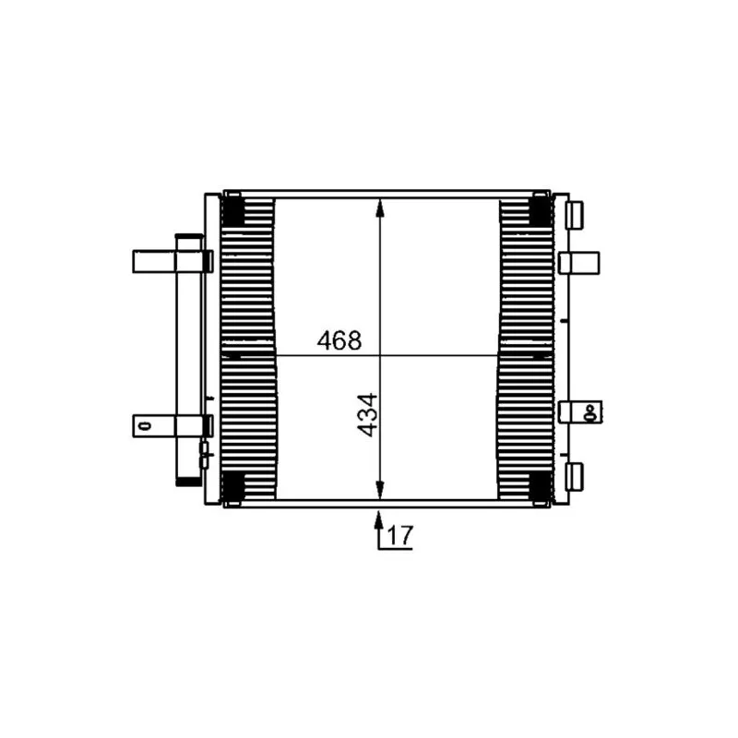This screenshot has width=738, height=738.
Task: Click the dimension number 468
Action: coord(339,340)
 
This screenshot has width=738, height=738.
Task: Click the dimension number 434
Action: coord(366,414)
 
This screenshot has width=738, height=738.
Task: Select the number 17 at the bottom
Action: coord(399,536)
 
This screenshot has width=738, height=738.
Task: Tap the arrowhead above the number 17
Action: coord(379,518)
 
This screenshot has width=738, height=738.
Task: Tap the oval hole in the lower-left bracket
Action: coord(143,425)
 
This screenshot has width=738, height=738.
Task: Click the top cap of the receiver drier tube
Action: coord(189,242)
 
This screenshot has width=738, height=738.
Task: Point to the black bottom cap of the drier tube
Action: coord(189,479)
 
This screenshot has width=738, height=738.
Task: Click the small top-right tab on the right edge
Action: coord(575,214)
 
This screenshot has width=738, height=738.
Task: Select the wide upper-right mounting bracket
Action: coord(579,263)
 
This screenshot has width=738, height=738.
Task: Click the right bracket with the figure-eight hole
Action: coord(580,411)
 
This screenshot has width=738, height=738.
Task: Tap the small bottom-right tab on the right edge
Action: coord(575,476)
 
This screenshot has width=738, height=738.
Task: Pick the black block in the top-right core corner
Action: coord(539,211)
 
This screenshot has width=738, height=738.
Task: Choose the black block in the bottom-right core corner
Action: coord(539,483)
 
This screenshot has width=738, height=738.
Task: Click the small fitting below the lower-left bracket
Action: coord(205,451)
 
